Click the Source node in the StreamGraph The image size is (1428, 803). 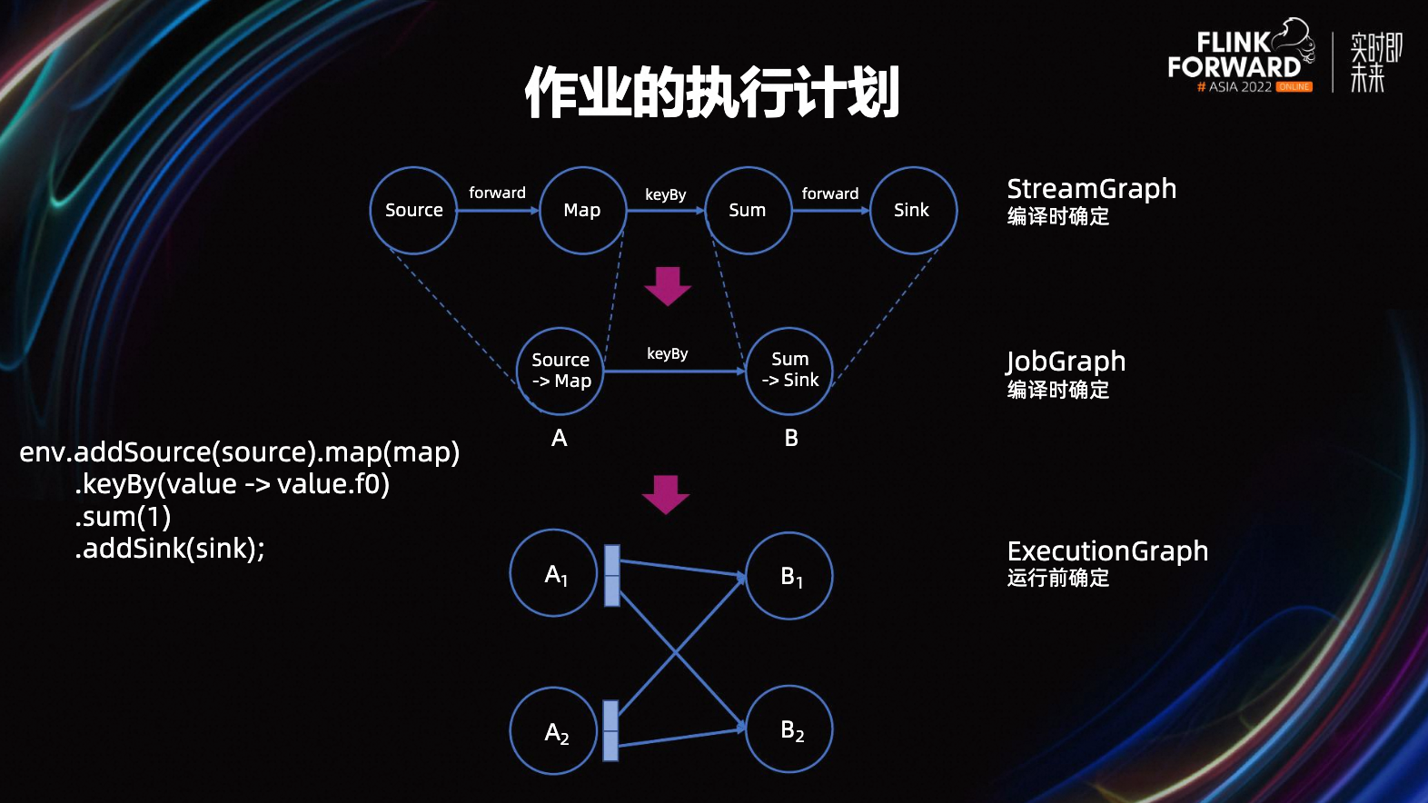413,211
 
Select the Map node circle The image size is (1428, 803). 582,211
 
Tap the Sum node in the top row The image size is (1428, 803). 748,211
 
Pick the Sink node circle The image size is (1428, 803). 912,211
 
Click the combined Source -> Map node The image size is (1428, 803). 560,371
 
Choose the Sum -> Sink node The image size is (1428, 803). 789,371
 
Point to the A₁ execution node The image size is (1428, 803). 555,574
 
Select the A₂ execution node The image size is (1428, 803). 555,731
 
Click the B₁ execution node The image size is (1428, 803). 789,576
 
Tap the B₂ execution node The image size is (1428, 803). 789,729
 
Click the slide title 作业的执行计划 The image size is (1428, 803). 712,92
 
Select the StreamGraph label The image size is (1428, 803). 1091,189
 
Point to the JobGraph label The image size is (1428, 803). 1066,362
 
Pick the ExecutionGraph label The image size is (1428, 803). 1107,551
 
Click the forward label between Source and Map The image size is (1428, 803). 497,193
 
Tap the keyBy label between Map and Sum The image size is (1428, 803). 666,194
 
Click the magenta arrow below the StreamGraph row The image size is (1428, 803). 668,286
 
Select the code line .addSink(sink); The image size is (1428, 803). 170,549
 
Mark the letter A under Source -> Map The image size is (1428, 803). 560,438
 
